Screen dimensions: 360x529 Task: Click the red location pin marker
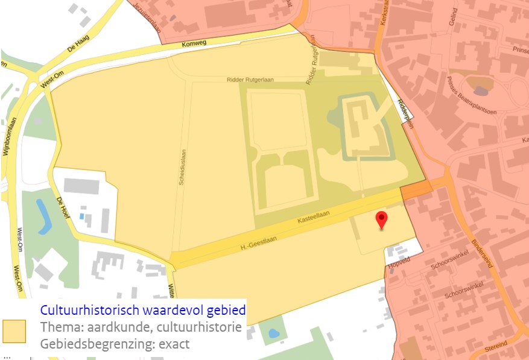[x=381, y=220]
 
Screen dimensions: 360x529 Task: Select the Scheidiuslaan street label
[x=182, y=167]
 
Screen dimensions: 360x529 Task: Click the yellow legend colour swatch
[x=13, y=331]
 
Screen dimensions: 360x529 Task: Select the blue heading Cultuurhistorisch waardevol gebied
[x=143, y=311]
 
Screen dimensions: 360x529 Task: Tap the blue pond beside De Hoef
[x=43, y=216]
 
